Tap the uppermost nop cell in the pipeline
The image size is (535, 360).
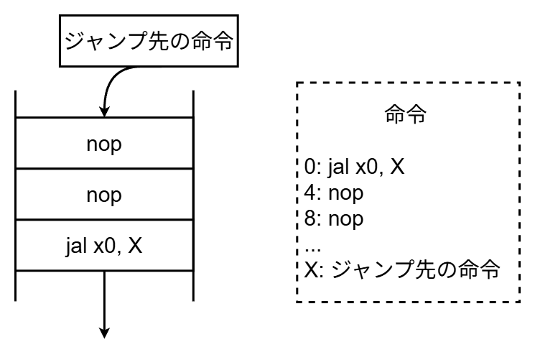pyautogui.click(x=104, y=143)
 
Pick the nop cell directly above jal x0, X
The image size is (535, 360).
pyautogui.click(x=104, y=195)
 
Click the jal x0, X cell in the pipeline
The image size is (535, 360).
pyautogui.click(x=104, y=246)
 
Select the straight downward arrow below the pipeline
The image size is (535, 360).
pyautogui.click(x=105, y=302)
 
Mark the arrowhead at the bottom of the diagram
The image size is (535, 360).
pyautogui.click(x=105, y=331)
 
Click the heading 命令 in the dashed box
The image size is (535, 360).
pyautogui.click(x=406, y=117)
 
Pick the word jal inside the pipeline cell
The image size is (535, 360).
pyautogui.click(x=74, y=246)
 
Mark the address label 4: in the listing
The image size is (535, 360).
pyautogui.click(x=310, y=193)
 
